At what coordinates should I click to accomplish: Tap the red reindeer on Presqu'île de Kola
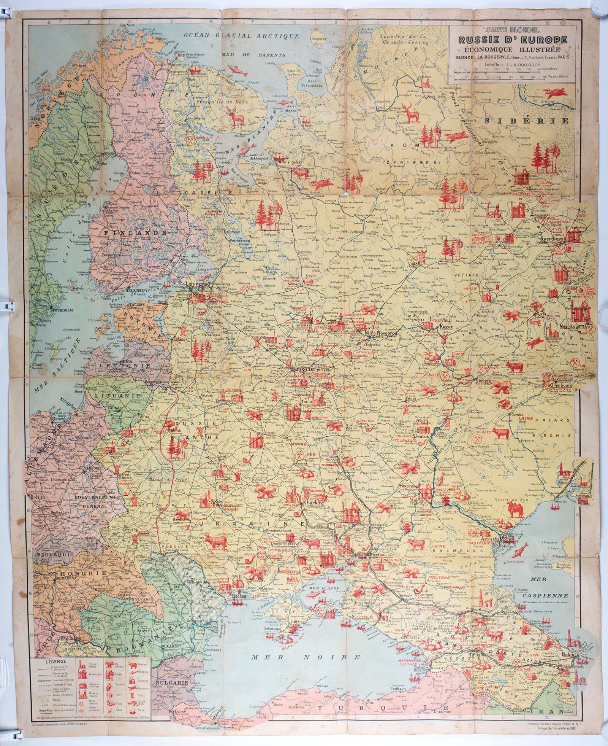point(236,116)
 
